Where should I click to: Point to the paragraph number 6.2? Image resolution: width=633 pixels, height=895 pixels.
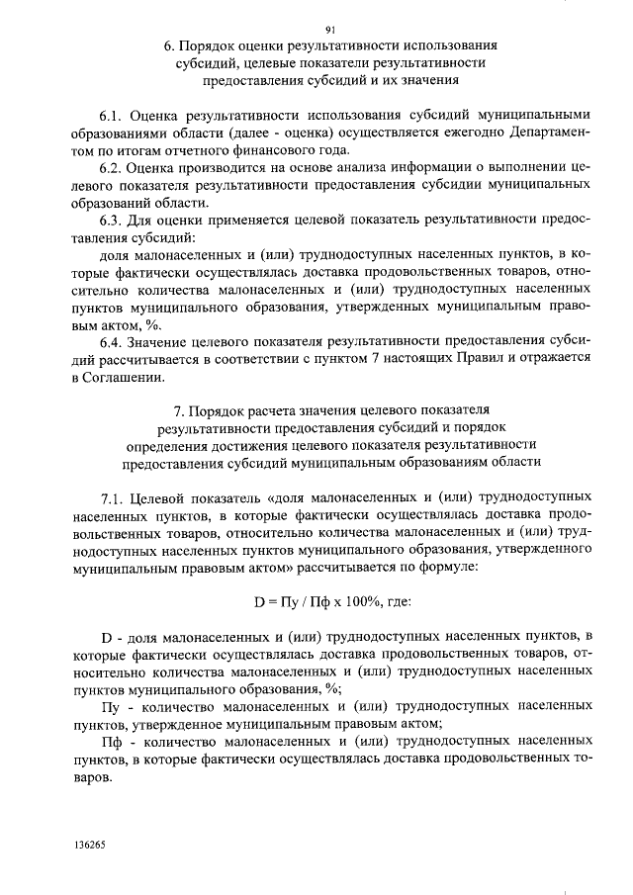coord(116,168)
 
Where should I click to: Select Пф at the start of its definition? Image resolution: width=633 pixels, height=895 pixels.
coord(116,743)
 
